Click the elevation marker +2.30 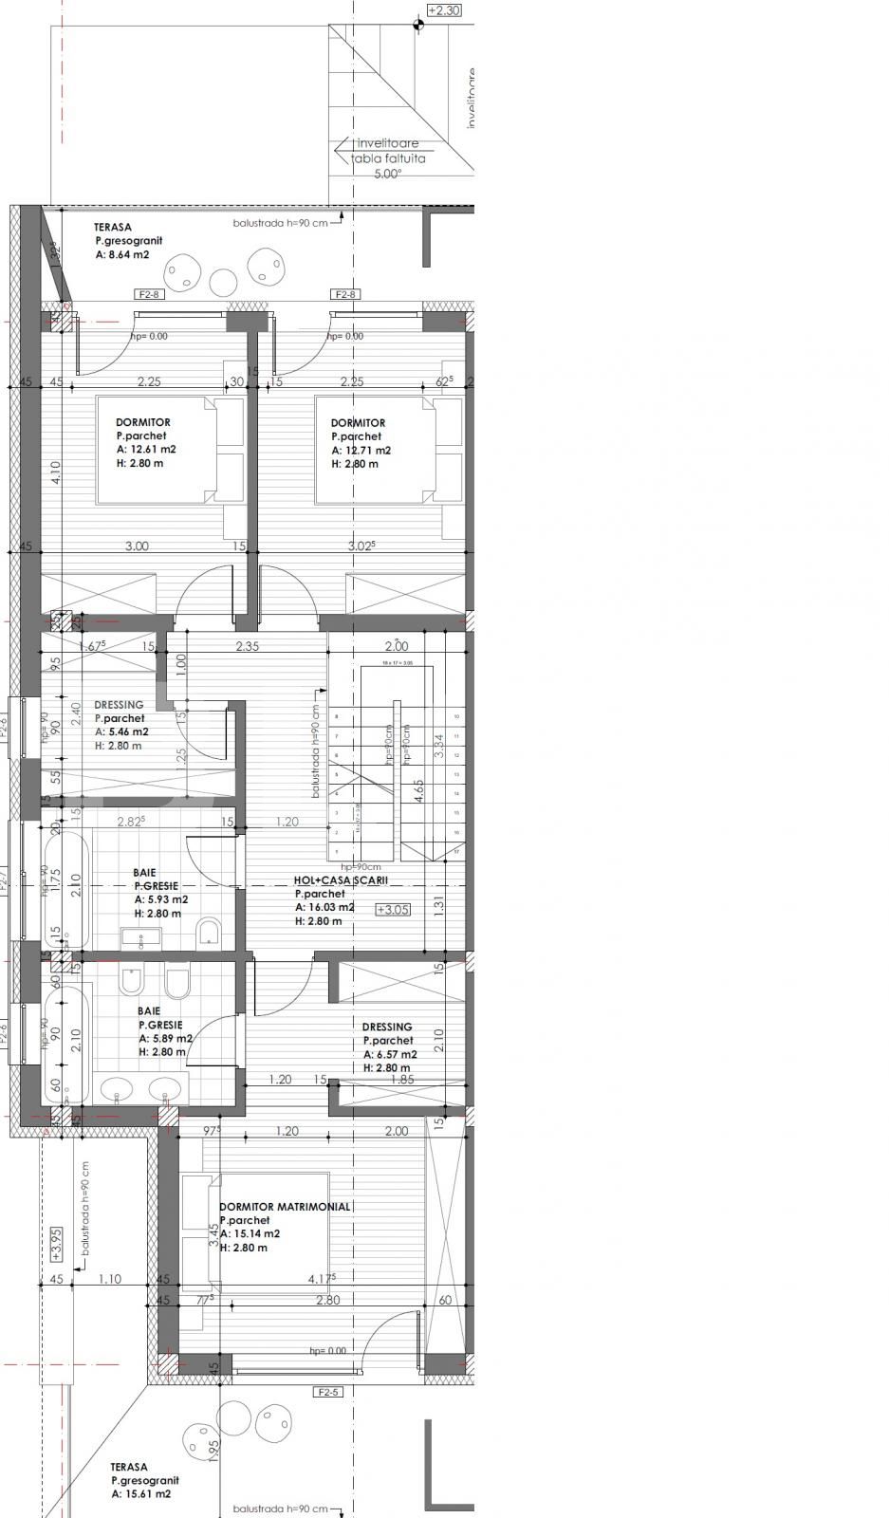[444, 10]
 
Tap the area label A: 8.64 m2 [121, 254]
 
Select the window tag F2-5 [327, 1393]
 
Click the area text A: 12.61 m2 [146, 450]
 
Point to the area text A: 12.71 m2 [361, 451]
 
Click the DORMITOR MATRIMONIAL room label [284, 1207]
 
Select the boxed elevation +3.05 [393, 909]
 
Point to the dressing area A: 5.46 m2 [121, 731]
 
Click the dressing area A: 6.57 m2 [390, 1054]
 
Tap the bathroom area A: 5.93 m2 [160, 899]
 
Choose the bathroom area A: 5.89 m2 [165, 1038]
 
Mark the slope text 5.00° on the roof [387, 174]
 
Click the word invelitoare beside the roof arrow [387, 143]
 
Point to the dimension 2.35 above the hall [247, 646]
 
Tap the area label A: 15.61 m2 [140, 1493]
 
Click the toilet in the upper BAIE [209, 934]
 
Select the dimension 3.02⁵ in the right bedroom [361, 546]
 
